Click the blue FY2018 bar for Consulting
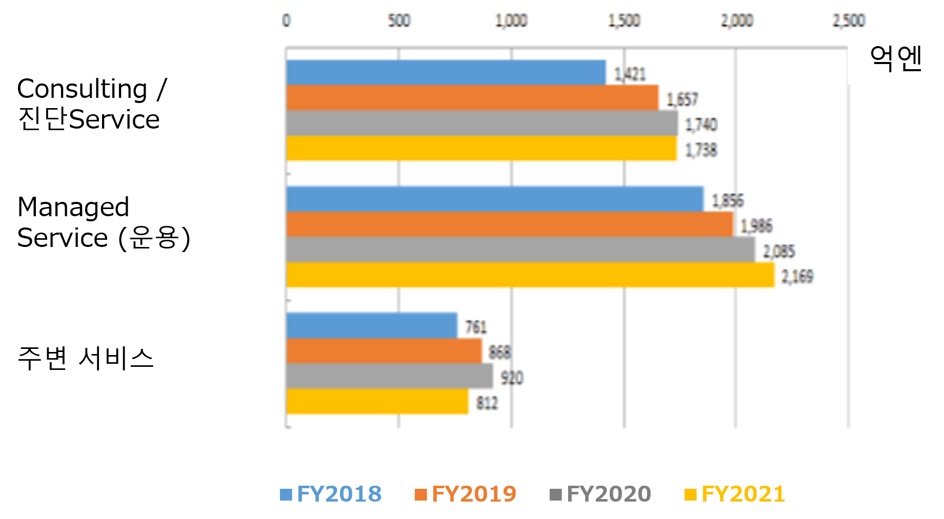[446, 72]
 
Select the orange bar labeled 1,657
[472, 97]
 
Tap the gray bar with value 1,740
[481, 123]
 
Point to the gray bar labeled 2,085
[520, 250]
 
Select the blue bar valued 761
[371, 325]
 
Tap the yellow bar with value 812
[377, 401]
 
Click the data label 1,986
[756, 226]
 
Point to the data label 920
[511, 378]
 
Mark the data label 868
[499, 352]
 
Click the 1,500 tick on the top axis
[624, 20]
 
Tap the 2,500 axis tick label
[849, 20]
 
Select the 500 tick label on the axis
[399, 20]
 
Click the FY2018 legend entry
[331, 494]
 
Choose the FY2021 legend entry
[735, 494]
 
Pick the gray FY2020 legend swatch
[555, 495]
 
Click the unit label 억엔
[896, 58]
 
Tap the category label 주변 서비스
[85, 358]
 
